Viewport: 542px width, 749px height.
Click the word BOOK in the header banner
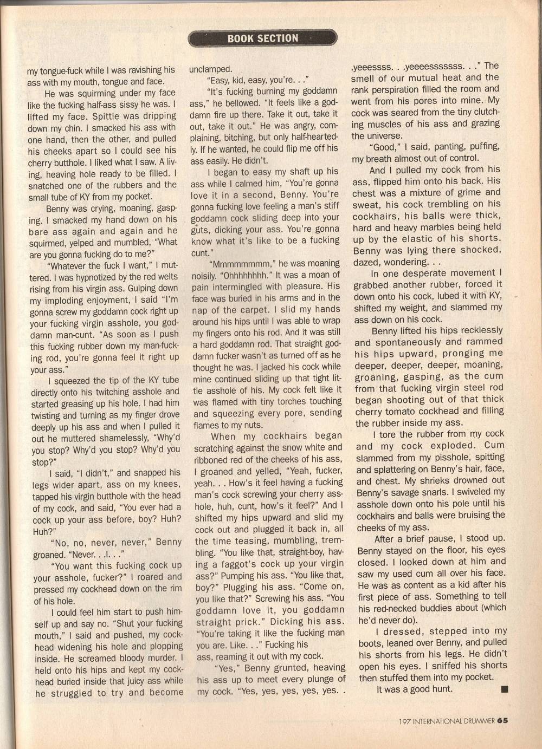point(240,38)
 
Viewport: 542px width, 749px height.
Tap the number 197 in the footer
point(404,721)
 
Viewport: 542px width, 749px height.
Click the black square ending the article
point(505,689)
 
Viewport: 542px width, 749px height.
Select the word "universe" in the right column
point(385,136)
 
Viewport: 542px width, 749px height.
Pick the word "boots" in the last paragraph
point(371,643)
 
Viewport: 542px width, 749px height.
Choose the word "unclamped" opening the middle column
point(210,69)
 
